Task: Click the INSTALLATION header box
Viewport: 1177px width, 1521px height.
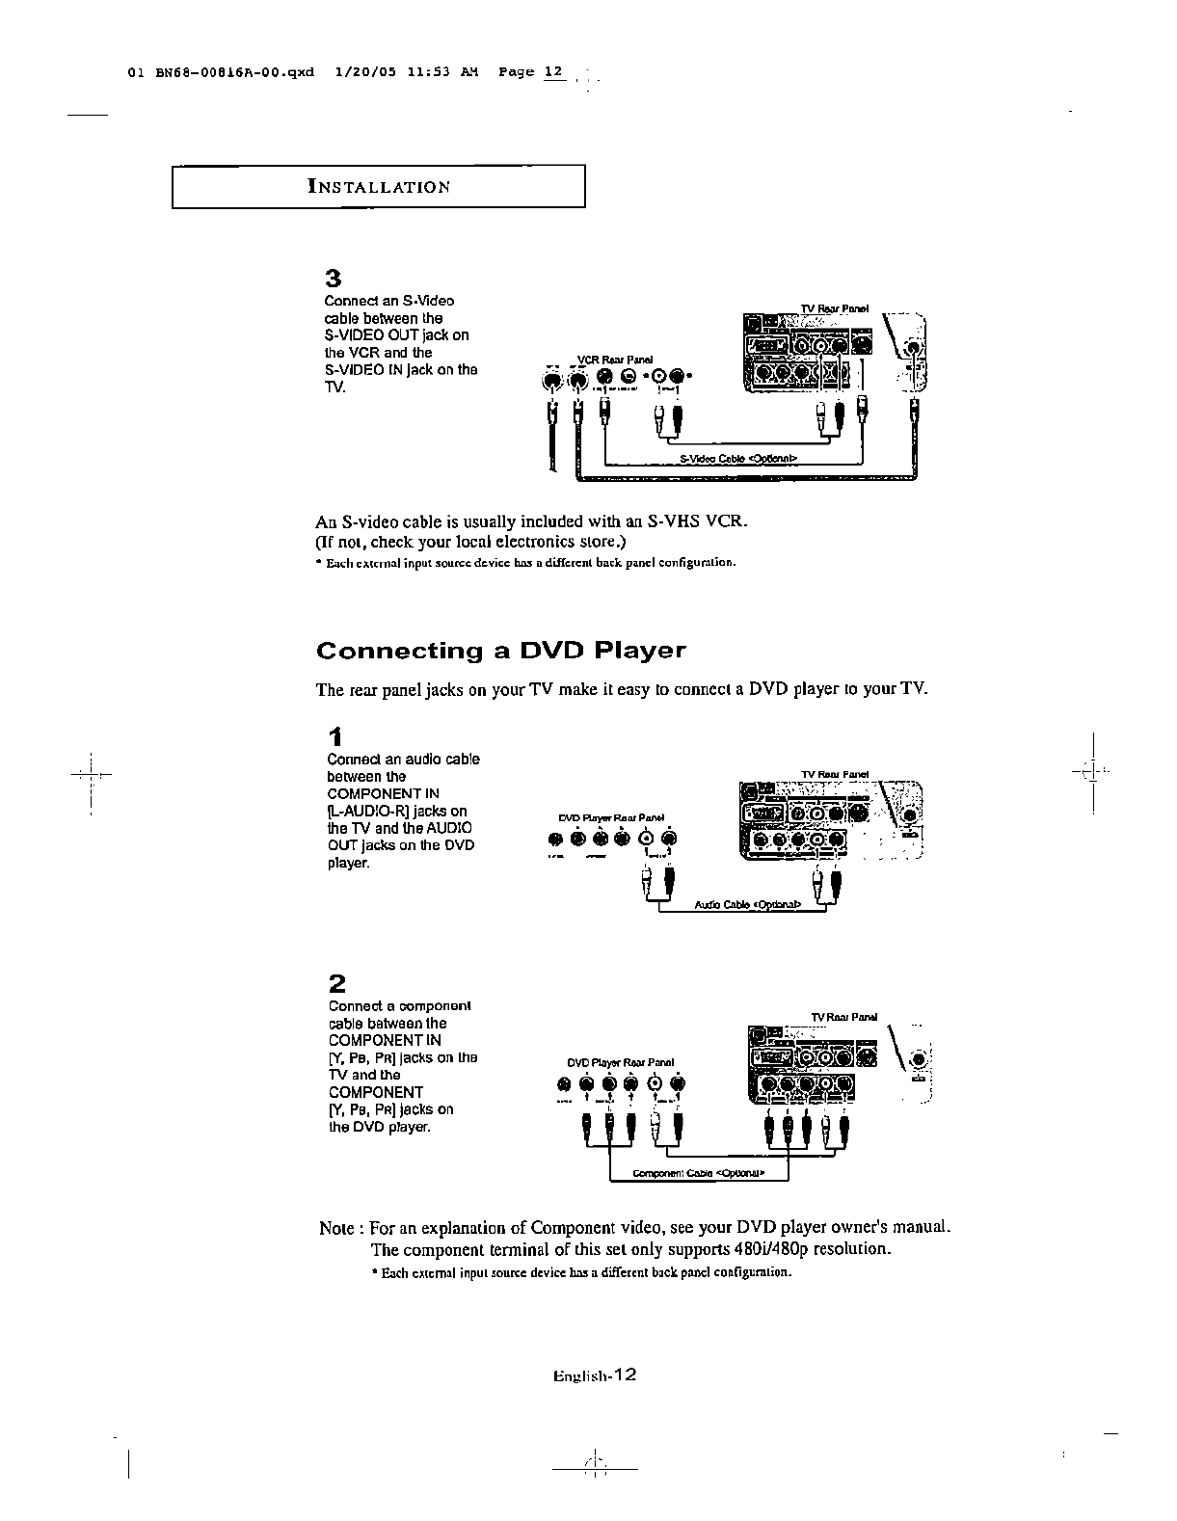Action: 378,187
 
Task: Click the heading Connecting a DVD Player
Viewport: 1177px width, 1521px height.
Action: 500,651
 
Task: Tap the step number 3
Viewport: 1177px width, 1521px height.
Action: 334,280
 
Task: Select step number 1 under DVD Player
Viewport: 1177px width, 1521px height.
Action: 334,738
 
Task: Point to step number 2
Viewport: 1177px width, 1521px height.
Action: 336,984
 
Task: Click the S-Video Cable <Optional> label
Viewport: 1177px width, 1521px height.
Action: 738,459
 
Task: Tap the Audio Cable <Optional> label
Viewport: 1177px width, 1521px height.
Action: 748,905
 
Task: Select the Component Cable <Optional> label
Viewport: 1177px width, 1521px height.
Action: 698,1174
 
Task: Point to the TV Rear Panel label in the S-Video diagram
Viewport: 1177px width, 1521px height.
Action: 835,308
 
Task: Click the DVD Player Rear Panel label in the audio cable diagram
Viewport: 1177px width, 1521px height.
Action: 606,818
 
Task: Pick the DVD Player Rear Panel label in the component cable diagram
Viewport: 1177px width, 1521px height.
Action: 620,1062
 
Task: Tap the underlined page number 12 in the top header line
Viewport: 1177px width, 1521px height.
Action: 552,72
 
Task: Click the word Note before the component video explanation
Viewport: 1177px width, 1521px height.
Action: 337,1229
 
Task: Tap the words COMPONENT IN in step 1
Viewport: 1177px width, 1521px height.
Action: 384,793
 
